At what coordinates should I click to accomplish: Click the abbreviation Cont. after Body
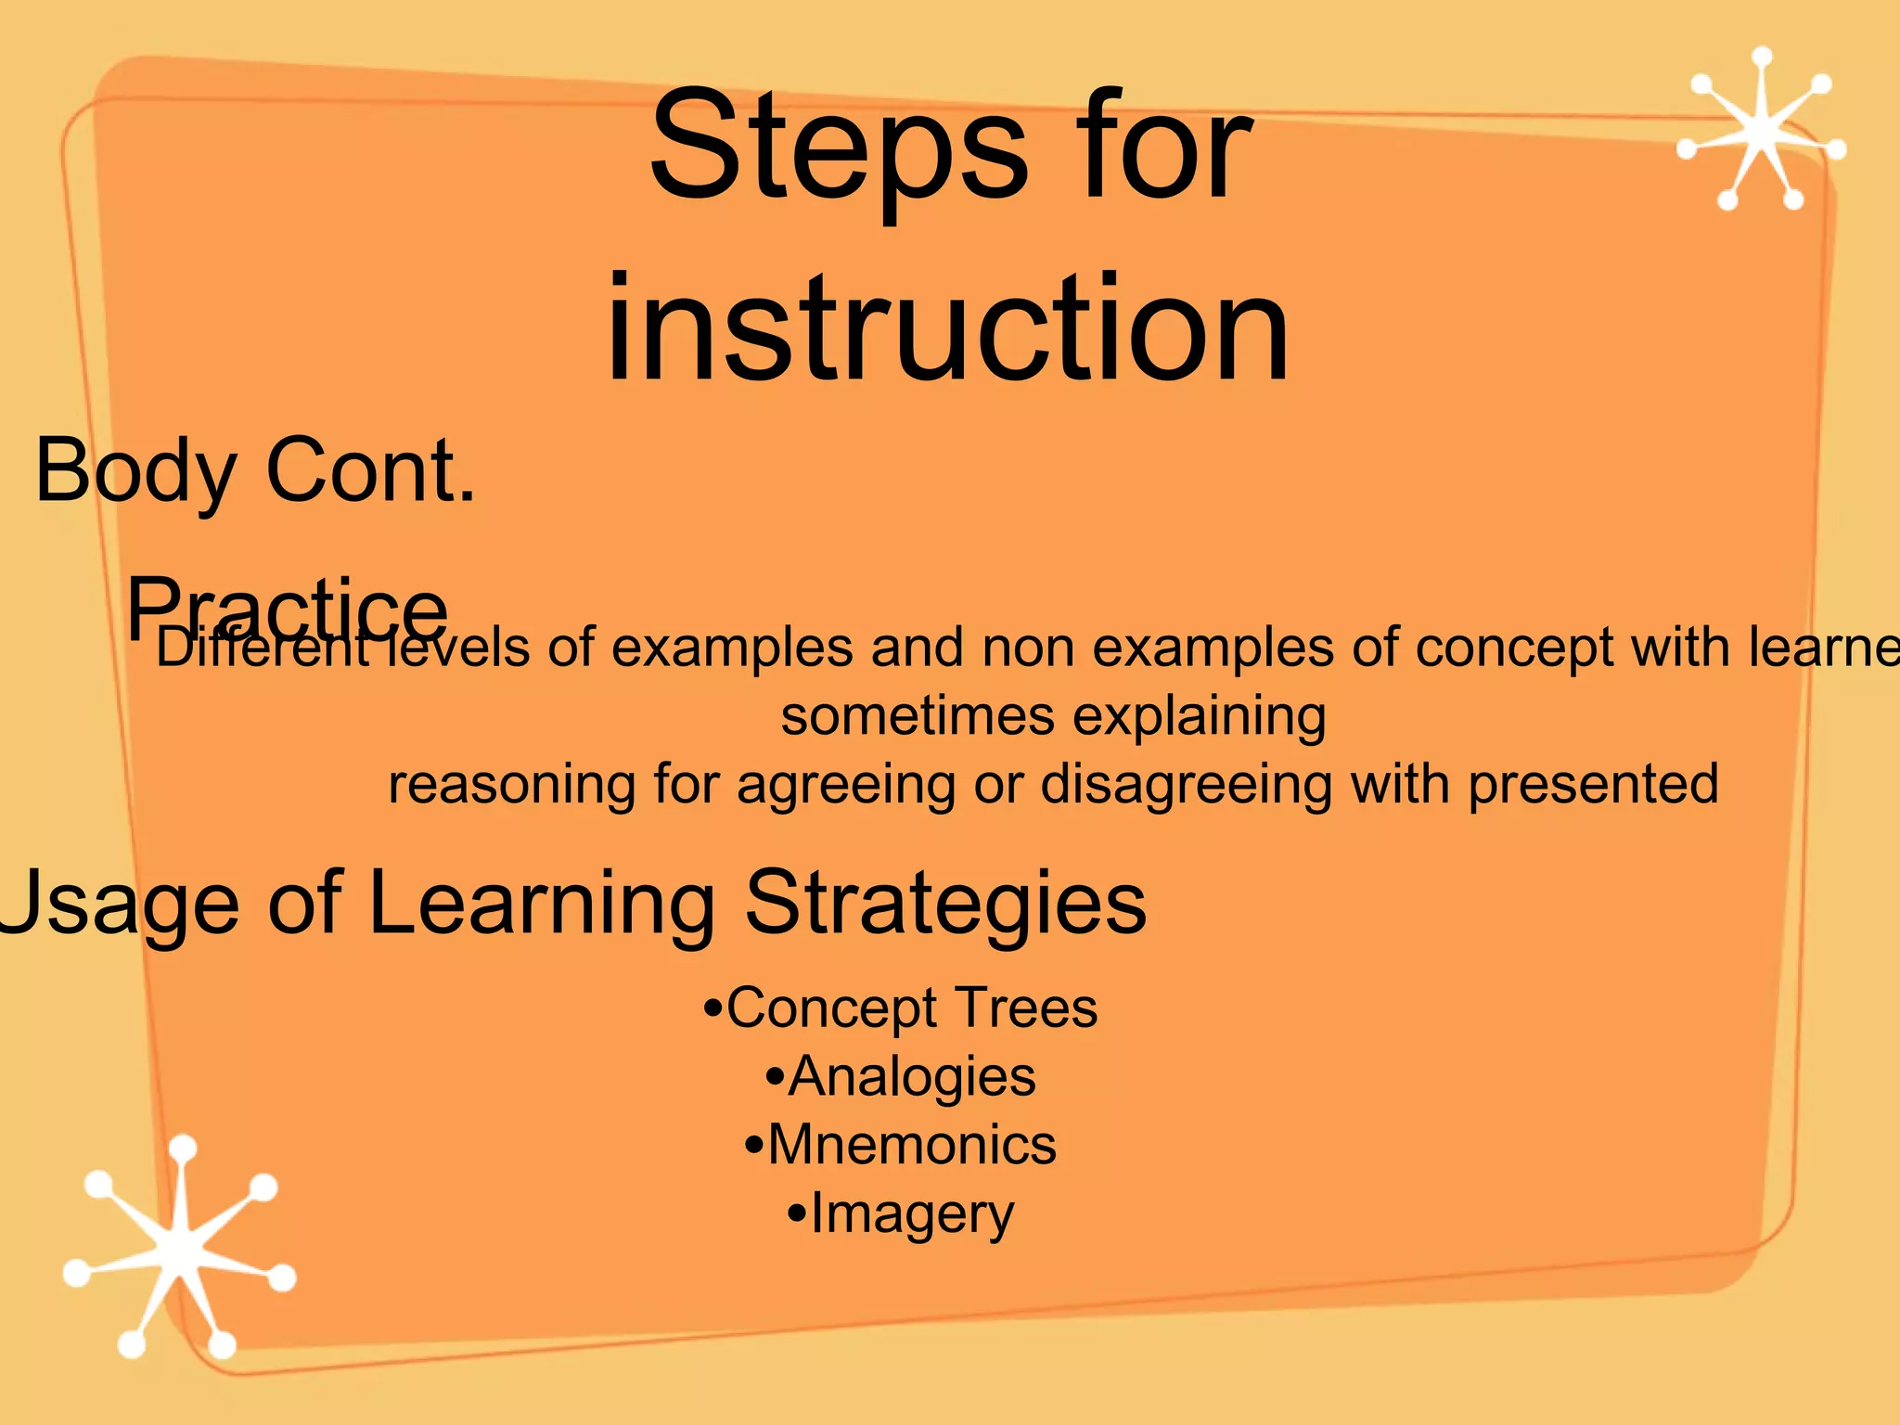coord(371,471)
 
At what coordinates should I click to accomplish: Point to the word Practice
coord(287,608)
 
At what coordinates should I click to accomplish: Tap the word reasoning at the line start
coord(511,786)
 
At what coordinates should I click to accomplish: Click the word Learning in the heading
coord(542,903)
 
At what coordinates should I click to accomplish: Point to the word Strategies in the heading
coord(945,903)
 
